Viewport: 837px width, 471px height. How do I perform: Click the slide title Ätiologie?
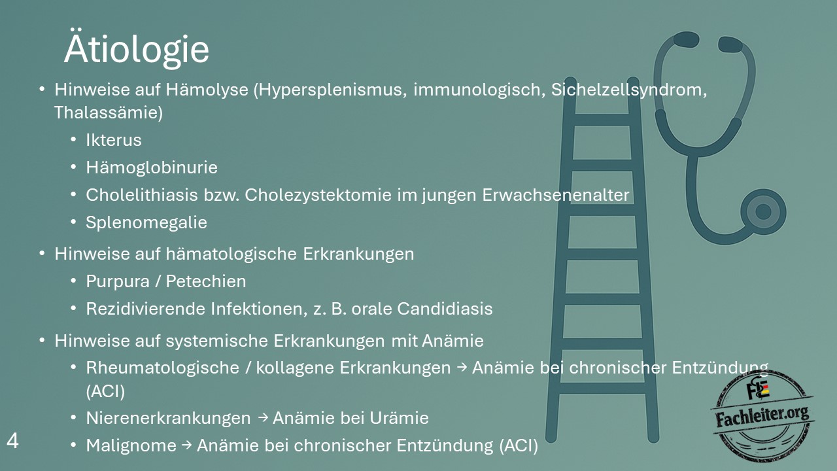click(137, 48)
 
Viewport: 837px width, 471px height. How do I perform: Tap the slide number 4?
click(12, 441)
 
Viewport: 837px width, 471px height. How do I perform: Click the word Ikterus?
click(114, 140)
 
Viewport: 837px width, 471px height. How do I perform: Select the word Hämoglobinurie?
click(152, 167)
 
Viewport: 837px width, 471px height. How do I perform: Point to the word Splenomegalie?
click(146, 222)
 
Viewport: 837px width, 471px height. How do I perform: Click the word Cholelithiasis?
click(142, 195)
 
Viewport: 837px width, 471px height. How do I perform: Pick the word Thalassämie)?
click(109, 113)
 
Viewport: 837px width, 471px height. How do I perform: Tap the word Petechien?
click(206, 281)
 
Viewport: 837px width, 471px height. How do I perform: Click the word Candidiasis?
click(445, 309)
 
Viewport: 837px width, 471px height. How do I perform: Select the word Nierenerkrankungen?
click(168, 418)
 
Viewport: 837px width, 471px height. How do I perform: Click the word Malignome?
click(131, 445)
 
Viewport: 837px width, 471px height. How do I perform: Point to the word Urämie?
click(399, 418)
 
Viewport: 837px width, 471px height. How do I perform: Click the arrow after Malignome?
click(186, 445)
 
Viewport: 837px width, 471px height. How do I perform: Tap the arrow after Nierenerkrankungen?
click(263, 417)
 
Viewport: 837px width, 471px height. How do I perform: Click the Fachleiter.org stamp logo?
click(763, 415)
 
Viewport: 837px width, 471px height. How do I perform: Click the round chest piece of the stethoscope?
click(763, 212)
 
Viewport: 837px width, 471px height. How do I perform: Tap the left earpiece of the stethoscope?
click(687, 40)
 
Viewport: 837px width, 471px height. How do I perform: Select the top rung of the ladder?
click(602, 120)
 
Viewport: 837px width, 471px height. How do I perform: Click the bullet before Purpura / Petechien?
click(73, 281)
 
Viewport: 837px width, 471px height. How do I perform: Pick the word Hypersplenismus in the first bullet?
click(330, 90)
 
